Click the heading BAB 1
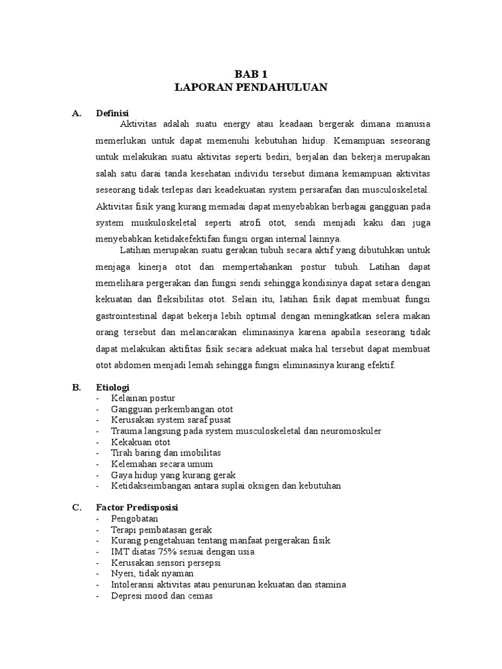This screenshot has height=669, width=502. (x=251, y=75)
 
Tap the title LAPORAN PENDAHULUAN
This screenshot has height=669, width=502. (x=251, y=88)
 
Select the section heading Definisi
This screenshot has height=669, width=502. (x=112, y=113)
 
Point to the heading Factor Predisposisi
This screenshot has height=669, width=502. (x=137, y=508)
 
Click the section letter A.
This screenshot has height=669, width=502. (x=76, y=113)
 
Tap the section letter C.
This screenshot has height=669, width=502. (x=76, y=508)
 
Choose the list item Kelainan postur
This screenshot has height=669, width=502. (x=143, y=399)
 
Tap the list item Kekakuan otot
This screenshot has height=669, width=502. (x=141, y=442)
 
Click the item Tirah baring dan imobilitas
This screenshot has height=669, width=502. (x=166, y=453)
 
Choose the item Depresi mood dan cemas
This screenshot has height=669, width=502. (x=162, y=595)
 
